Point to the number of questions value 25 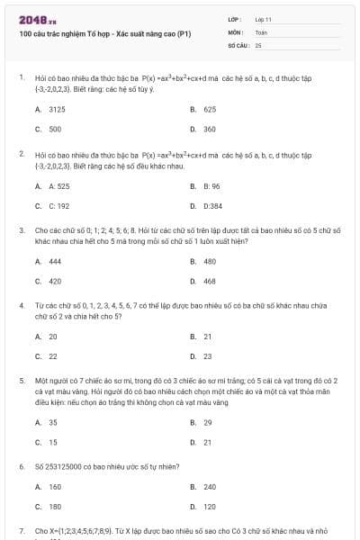258,44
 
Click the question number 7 22,532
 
